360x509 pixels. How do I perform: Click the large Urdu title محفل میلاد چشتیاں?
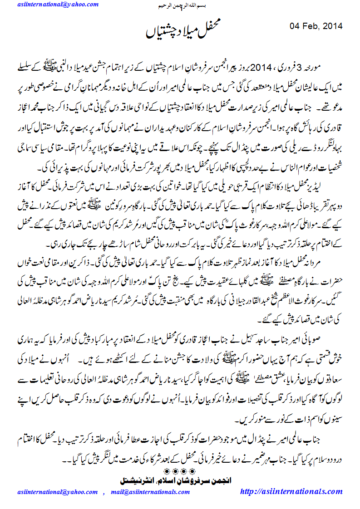pyautogui.click(x=180, y=30)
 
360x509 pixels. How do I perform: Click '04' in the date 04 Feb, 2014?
pyautogui.click(x=296, y=25)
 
